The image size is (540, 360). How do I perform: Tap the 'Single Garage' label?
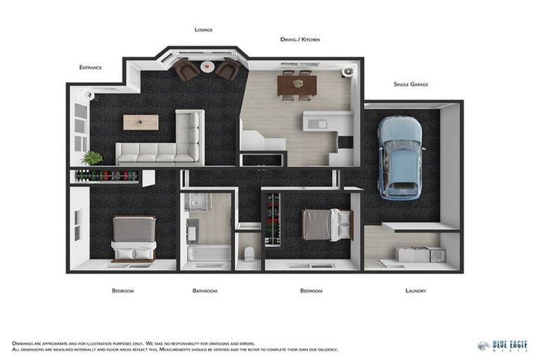411,84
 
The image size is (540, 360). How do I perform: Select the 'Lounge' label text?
204,30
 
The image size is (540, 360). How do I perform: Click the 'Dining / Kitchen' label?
300,39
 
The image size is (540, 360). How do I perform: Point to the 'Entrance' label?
90,67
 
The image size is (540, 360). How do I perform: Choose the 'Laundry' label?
416,290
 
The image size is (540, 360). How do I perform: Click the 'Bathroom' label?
205,290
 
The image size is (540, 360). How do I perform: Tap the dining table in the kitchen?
297,84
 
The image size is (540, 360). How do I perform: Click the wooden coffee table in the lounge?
141,122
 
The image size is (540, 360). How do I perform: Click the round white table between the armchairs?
207,66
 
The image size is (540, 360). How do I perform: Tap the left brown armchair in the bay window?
186,70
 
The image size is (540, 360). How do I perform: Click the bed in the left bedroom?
134,238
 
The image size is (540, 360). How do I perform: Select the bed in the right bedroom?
326,225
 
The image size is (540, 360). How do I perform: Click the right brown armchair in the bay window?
228,70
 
